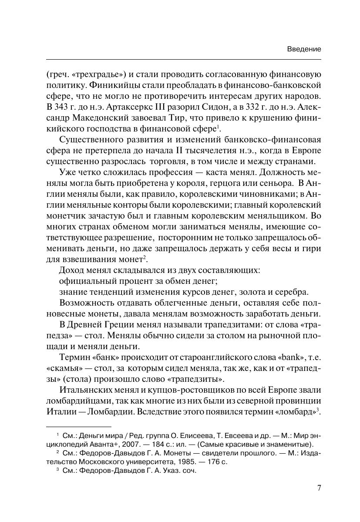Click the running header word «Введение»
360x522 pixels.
pyautogui.click(x=304, y=49)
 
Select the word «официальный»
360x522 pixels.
pyautogui.click(x=87, y=281)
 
